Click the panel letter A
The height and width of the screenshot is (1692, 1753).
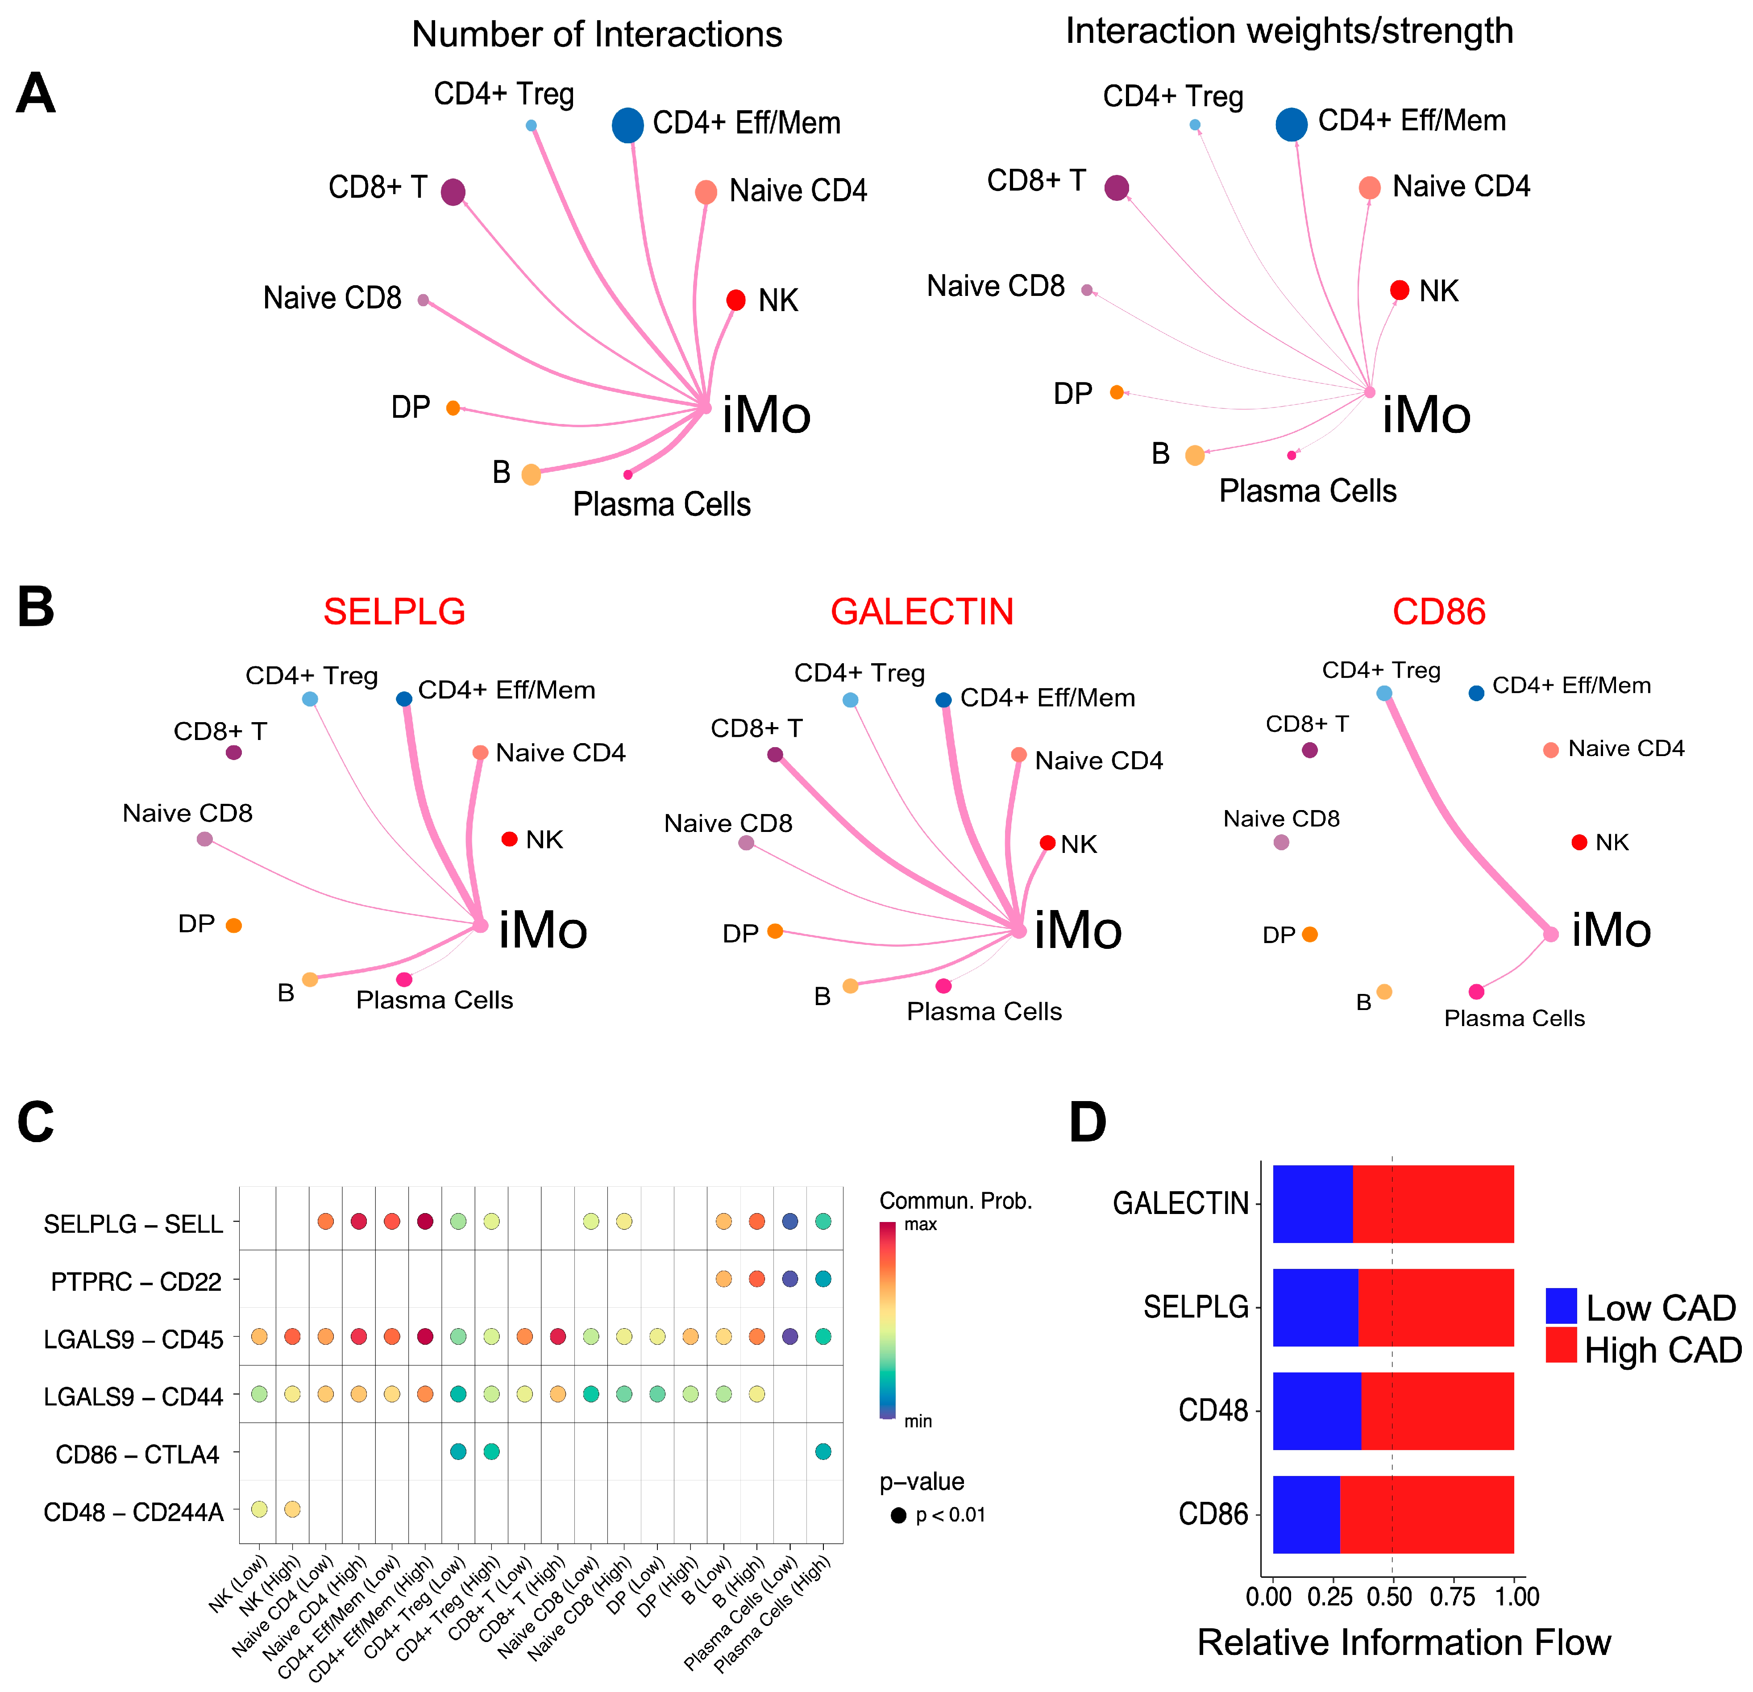36,94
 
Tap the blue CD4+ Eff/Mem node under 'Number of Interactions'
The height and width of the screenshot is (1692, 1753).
628,125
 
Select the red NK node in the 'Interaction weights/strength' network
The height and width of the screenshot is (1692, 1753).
1400,290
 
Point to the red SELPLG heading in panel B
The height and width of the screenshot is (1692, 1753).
395,612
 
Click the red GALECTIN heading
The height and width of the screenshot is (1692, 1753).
922,612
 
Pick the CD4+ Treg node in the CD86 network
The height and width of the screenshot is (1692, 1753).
1383,693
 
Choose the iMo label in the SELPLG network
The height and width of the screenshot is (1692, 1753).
543,930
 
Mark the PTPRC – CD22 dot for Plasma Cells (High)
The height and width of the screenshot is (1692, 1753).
823,1279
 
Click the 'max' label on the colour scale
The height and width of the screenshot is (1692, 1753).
920,1224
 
